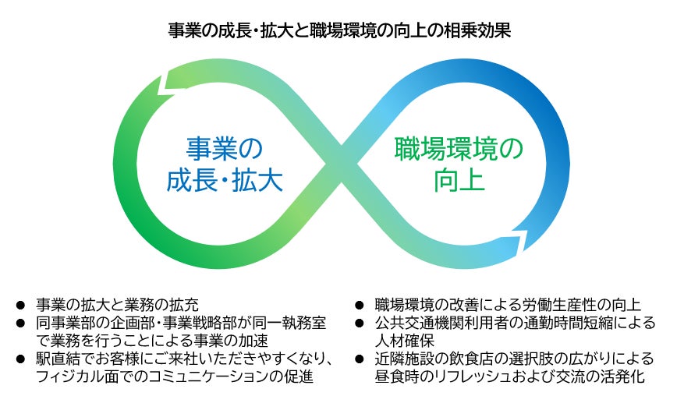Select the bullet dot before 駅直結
20,361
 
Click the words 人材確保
409,341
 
